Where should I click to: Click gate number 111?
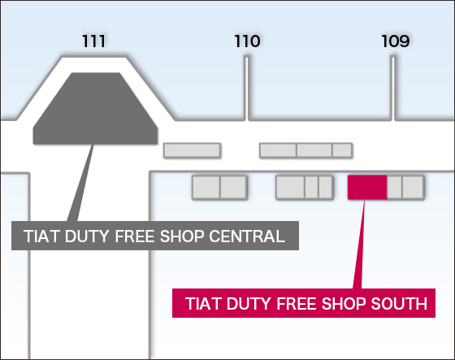93,41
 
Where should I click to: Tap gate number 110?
247,41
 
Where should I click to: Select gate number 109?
395,41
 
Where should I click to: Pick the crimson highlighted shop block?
367,187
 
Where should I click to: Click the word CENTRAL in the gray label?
247,236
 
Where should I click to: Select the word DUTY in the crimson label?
249,304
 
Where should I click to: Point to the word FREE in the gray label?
135,236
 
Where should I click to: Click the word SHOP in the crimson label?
343,304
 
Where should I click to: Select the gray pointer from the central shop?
80,183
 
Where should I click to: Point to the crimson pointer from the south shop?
359,244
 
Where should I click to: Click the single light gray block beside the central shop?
192,150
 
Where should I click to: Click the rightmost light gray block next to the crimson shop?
413,187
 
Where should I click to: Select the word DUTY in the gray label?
87,236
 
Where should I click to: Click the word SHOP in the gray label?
182,236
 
